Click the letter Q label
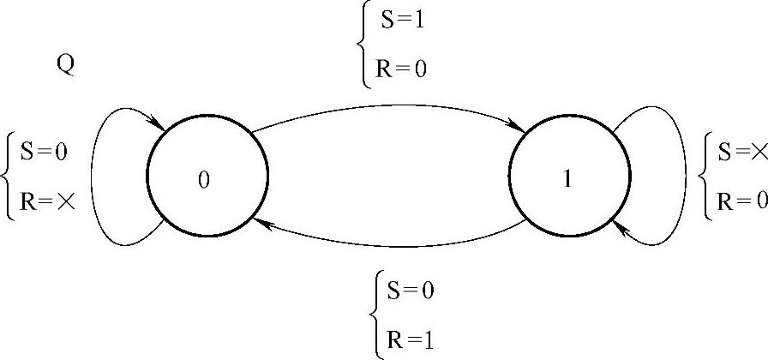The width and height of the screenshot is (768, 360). coord(64,66)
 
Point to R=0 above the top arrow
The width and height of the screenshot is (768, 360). coord(400,68)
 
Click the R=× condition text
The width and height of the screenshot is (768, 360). coord(44,202)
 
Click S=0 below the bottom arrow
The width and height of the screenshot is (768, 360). coord(411,291)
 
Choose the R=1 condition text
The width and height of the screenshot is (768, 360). coord(411,339)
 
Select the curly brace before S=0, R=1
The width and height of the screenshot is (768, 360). coord(376,315)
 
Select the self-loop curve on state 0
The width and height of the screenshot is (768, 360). coord(95,176)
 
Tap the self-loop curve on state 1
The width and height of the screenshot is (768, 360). coord(683,176)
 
